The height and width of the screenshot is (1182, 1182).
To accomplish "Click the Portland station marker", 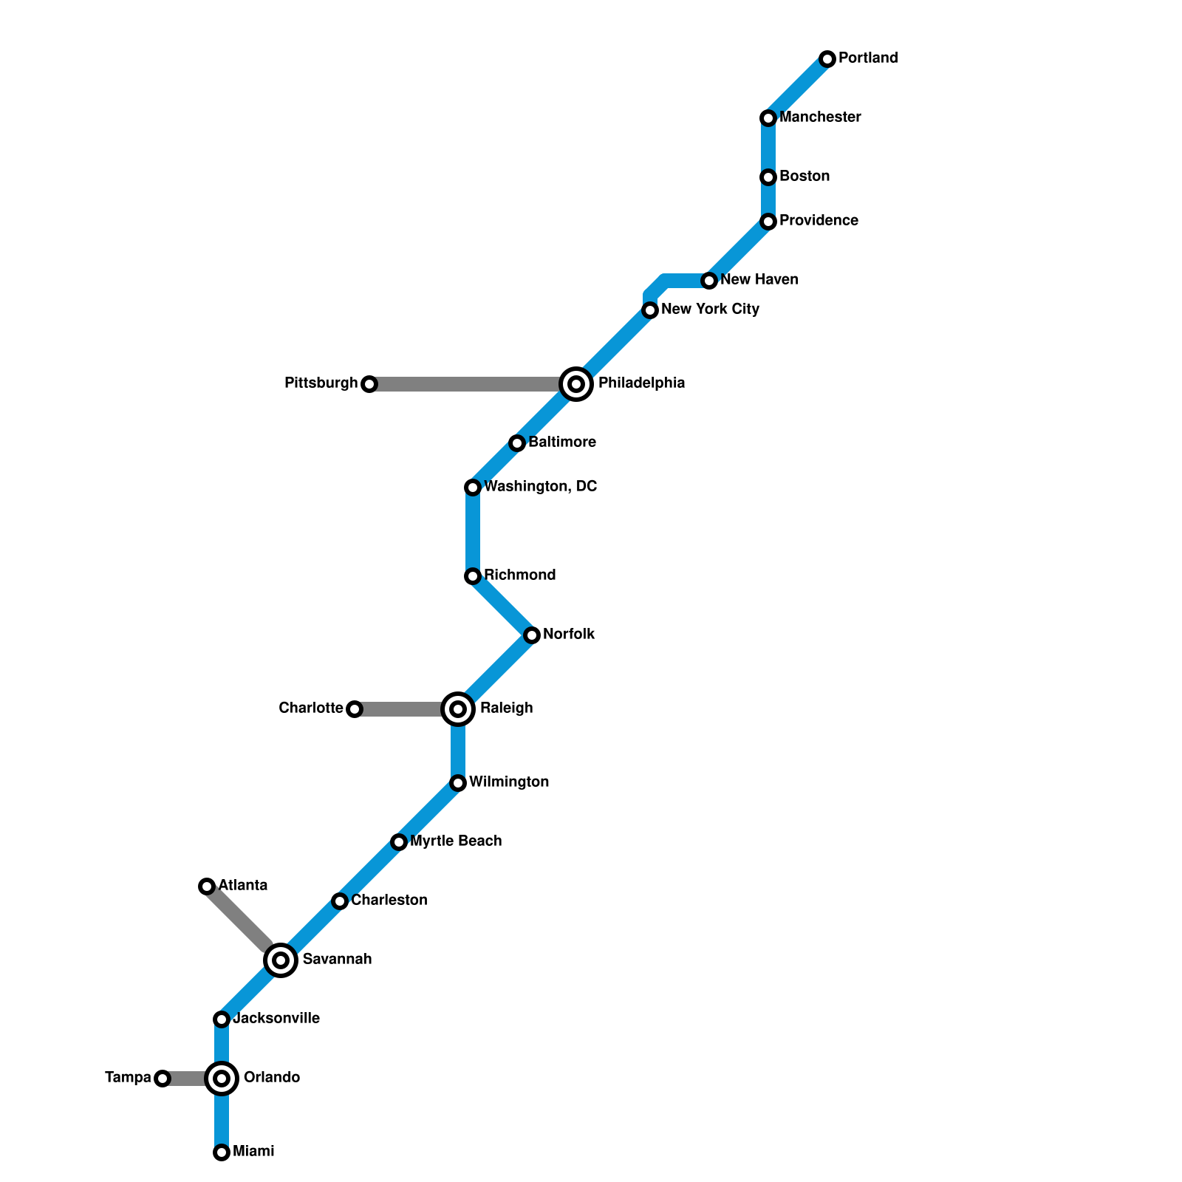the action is tap(827, 59).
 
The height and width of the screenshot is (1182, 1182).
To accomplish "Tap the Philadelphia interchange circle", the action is tap(576, 384).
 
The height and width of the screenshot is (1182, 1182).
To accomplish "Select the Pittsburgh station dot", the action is tap(369, 384).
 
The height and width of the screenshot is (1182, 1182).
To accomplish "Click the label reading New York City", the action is tap(710, 310).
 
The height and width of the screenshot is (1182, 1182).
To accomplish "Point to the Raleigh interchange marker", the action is tap(458, 709).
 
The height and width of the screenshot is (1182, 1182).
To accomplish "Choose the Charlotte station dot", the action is tap(355, 709).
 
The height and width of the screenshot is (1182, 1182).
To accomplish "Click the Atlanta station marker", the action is tap(207, 886).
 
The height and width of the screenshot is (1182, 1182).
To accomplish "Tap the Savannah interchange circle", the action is tap(281, 960).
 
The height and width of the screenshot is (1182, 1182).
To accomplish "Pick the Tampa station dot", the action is tap(163, 1079).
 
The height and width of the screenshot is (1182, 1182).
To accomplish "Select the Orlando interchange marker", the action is tap(222, 1079).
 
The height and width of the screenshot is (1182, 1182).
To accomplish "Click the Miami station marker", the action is tap(222, 1152).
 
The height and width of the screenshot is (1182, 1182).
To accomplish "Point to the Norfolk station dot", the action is tap(532, 635).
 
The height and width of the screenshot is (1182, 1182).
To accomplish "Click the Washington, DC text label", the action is tap(540, 487).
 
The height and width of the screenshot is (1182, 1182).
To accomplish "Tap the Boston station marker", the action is tap(768, 177).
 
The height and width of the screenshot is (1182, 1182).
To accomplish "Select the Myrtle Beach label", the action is tap(456, 841).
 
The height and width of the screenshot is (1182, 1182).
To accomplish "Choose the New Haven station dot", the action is tap(709, 281).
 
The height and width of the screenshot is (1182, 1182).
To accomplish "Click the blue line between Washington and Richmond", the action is tap(473, 532).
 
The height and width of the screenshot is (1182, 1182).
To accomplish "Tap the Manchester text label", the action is tap(820, 117).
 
